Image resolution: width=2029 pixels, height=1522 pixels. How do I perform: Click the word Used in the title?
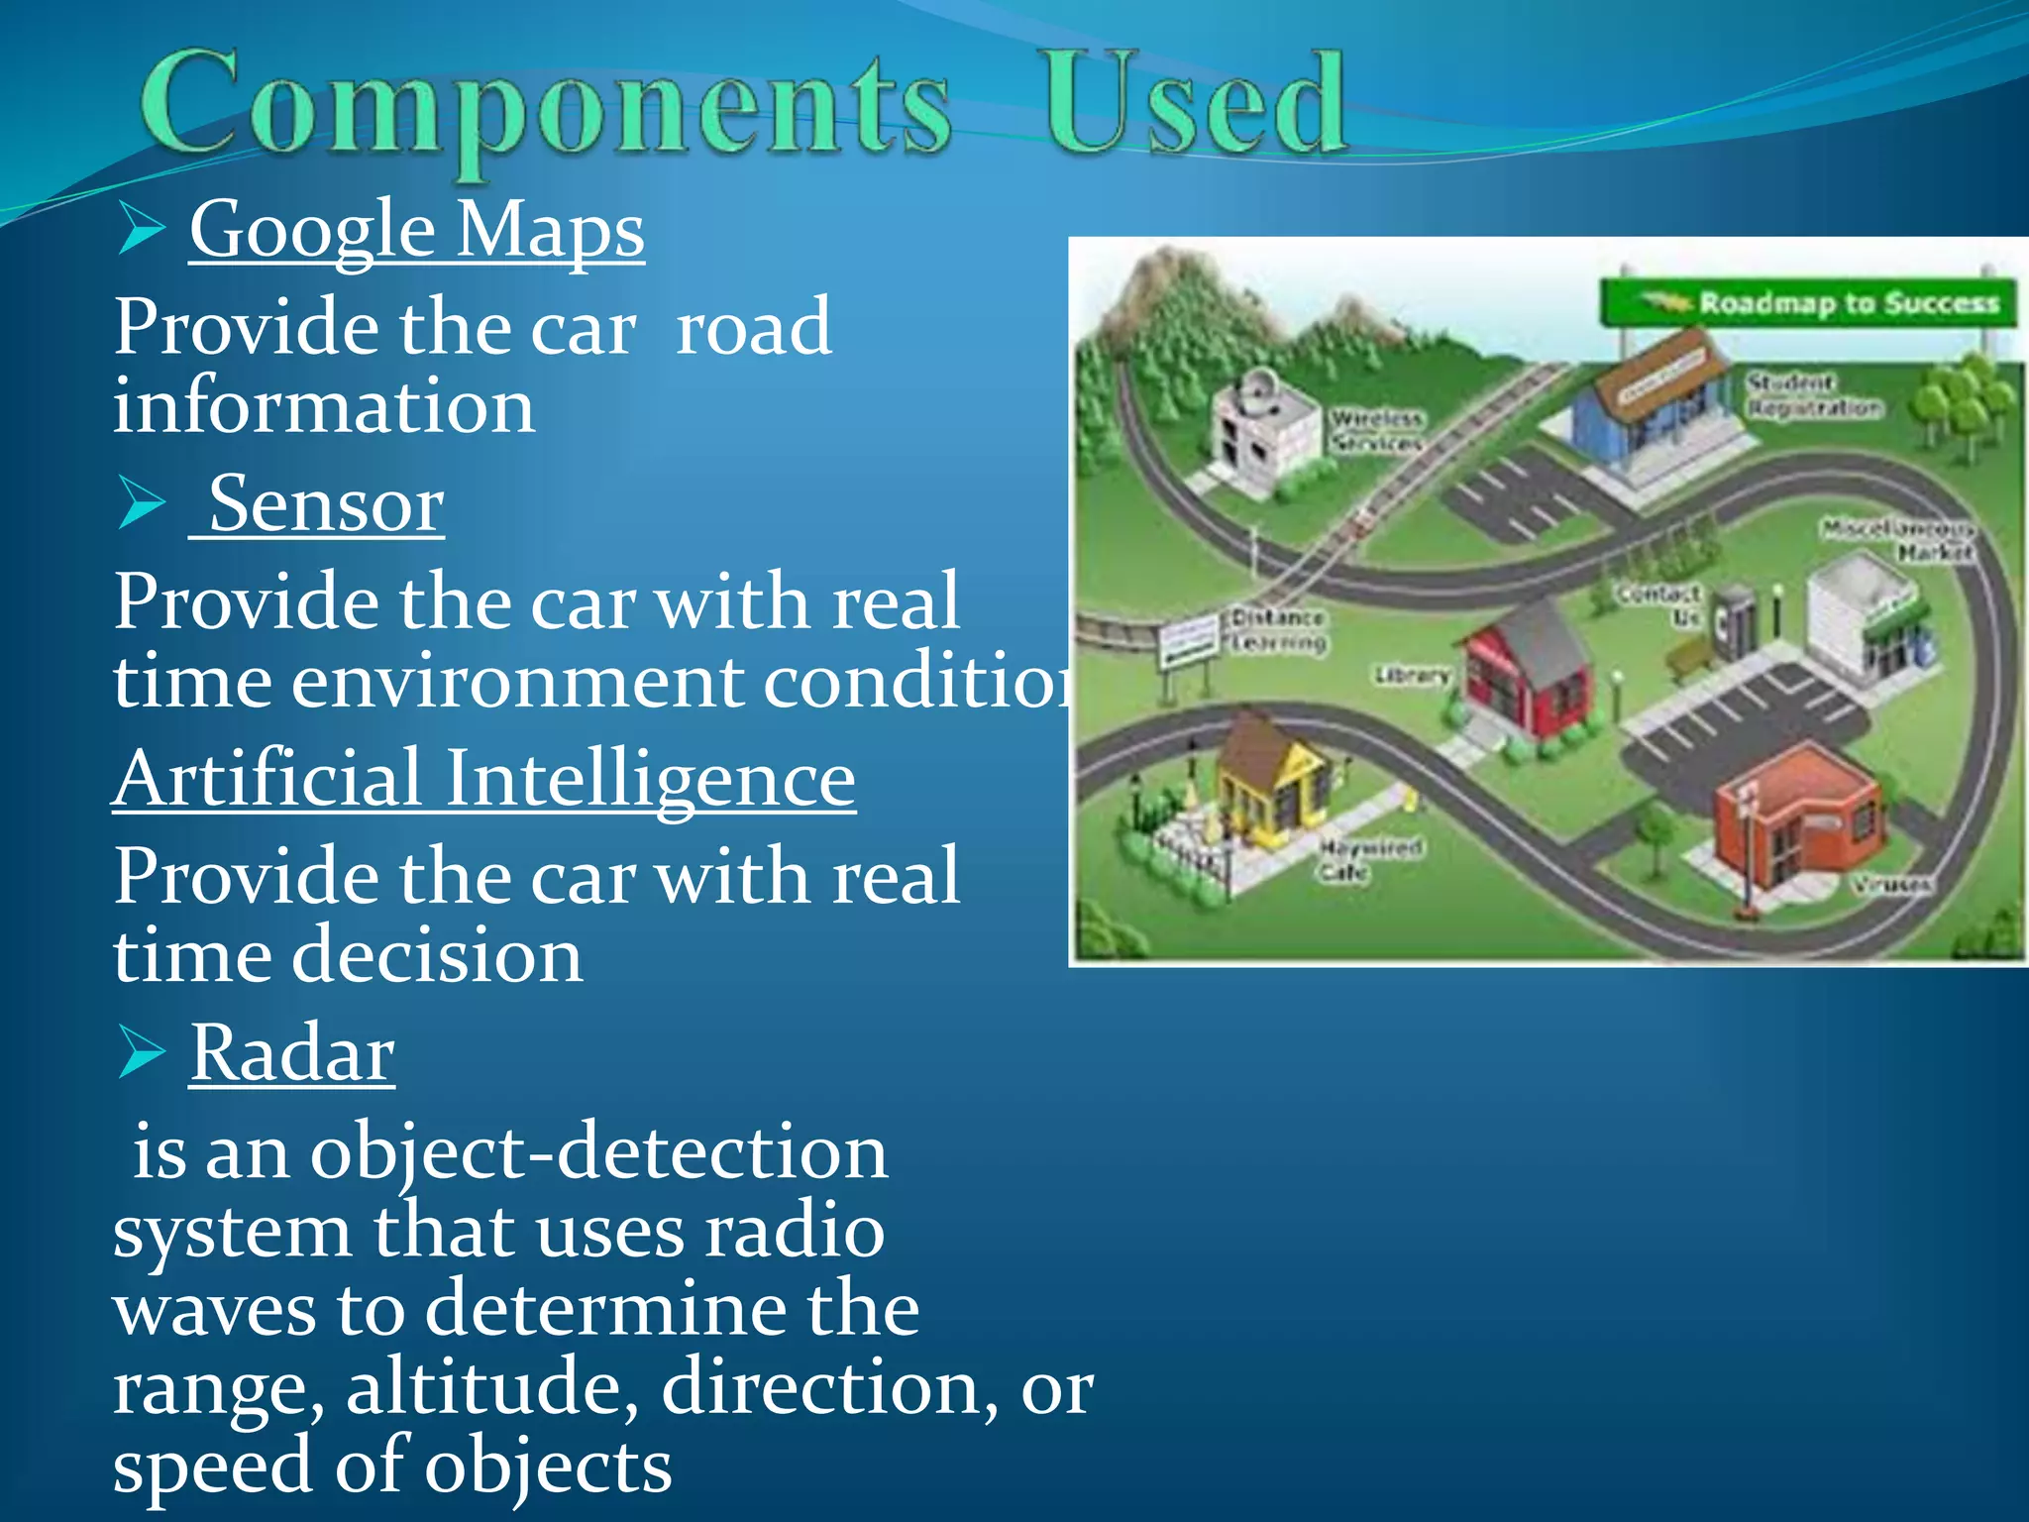click(x=1193, y=105)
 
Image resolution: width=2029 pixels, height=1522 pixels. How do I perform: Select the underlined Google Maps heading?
click(x=416, y=230)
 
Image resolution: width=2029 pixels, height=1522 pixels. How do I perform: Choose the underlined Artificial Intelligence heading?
click(x=483, y=779)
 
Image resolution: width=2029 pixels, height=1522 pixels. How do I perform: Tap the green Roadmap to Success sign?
click(x=1809, y=302)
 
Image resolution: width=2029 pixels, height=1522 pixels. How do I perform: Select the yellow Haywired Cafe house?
click(x=1268, y=778)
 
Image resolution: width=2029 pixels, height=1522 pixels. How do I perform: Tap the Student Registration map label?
click(x=1811, y=394)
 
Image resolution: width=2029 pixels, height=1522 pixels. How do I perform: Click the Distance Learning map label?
click(x=1278, y=630)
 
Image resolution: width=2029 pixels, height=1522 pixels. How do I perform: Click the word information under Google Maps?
click(x=324, y=406)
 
